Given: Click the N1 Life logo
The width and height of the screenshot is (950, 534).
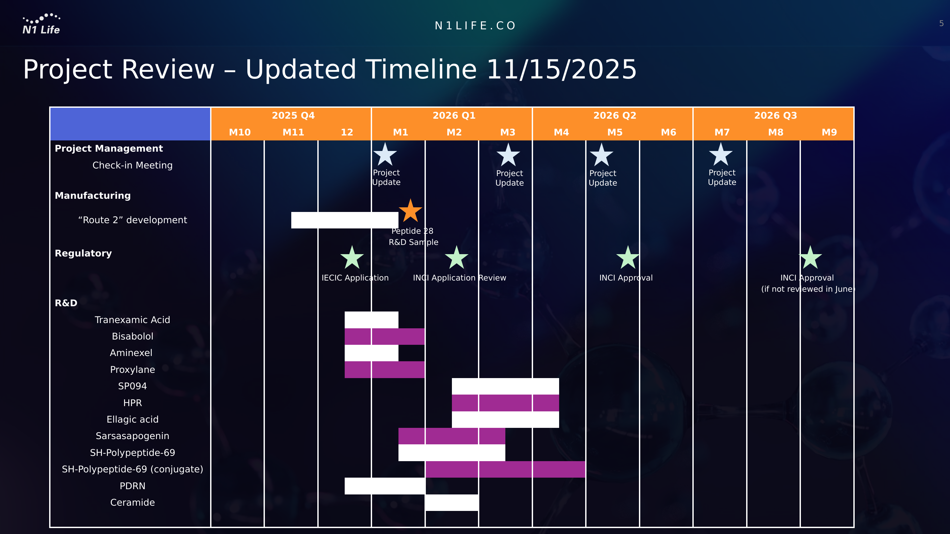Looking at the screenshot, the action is tap(41, 24).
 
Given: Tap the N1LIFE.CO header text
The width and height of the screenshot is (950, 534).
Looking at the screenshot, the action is tap(475, 25).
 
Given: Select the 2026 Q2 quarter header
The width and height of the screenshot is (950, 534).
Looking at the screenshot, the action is tap(615, 115).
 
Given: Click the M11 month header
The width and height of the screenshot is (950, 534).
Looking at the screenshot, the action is tap(293, 132).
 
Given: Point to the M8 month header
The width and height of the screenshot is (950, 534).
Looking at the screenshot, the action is tap(776, 132).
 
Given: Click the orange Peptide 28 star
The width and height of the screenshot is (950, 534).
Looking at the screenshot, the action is tap(410, 211).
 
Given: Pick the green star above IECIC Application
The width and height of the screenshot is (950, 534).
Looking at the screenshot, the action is tap(352, 257).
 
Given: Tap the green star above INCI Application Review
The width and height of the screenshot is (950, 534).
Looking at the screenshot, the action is tap(457, 257).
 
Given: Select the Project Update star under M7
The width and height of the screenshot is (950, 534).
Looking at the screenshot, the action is tap(721, 154).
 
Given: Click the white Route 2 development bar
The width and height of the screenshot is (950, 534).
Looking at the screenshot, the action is tap(345, 220).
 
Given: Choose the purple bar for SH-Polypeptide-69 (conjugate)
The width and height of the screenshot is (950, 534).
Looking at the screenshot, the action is tap(506, 469).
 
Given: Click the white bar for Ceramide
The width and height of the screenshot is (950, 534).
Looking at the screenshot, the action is tap(452, 503).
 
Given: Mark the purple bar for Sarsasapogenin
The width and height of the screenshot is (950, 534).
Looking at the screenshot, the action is tap(452, 436).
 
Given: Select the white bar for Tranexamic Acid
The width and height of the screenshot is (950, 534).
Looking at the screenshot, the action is tap(371, 320).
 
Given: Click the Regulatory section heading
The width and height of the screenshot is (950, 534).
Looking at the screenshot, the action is tap(83, 253).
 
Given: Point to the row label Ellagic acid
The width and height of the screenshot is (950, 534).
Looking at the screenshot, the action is tap(132, 419).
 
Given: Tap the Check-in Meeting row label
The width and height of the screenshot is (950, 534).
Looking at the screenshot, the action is tap(132, 165).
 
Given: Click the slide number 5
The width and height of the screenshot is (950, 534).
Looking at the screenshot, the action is tap(941, 24).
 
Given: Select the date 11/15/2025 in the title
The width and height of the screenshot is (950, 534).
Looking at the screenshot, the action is tap(561, 69).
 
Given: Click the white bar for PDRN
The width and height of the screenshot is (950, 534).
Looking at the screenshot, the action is tap(385, 486).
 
